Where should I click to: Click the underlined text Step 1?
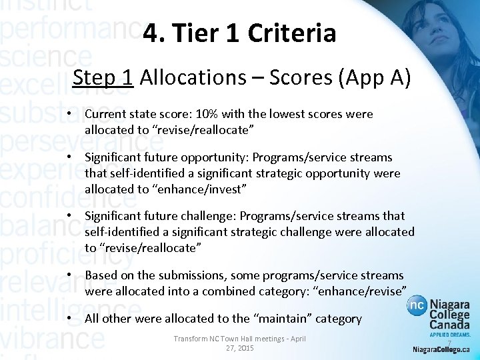[x=104, y=77]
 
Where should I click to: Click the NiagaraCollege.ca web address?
[x=441, y=349]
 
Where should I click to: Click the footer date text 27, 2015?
[x=239, y=348]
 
